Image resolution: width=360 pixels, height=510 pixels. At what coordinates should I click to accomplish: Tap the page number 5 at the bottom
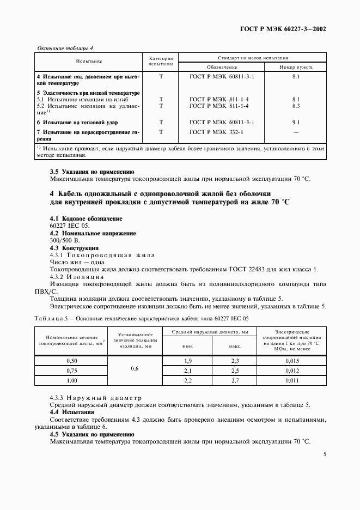coord(324,453)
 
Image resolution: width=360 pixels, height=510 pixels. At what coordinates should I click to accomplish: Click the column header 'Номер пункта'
coord(296,66)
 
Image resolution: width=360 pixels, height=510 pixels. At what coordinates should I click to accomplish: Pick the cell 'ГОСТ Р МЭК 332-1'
coord(216,132)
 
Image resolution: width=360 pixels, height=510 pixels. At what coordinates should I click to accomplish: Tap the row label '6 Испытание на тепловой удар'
coord(77,123)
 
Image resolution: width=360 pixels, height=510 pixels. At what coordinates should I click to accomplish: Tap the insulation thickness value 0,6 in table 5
coord(135,369)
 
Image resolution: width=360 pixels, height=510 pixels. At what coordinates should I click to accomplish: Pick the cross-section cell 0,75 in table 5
coord(71,370)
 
